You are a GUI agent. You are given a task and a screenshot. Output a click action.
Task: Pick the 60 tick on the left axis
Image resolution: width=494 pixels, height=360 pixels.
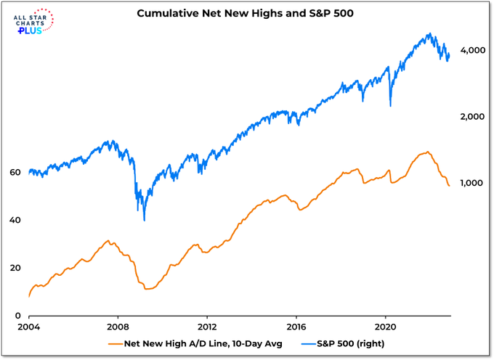click(15, 173)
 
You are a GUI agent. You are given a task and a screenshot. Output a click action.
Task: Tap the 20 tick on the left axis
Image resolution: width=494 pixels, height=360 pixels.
click(15, 268)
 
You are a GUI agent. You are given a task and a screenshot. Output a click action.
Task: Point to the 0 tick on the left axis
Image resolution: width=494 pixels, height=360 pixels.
click(17, 316)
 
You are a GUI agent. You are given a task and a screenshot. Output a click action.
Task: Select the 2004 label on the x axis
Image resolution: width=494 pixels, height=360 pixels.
click(29, 326)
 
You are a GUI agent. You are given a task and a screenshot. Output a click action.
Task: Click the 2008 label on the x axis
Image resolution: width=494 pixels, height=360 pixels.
click(118, 326)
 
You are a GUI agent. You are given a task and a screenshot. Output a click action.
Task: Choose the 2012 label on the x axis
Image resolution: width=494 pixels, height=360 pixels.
click(208, 326)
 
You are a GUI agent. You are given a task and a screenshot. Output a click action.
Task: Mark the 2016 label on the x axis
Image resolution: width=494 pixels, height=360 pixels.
click(297, 326)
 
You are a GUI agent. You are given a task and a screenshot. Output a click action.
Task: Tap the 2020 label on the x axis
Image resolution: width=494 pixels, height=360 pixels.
click(386, 326)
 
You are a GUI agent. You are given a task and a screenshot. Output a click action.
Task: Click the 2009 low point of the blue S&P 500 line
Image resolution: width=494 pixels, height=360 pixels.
click(145, 220)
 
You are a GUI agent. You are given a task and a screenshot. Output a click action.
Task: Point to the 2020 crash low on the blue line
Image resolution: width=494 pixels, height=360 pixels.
click(391, 106)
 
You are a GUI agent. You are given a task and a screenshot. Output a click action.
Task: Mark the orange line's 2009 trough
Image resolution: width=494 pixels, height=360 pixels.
click(147, 289)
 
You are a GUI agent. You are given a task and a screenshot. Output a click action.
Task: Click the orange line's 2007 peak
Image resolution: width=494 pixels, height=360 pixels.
click(108, 240)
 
